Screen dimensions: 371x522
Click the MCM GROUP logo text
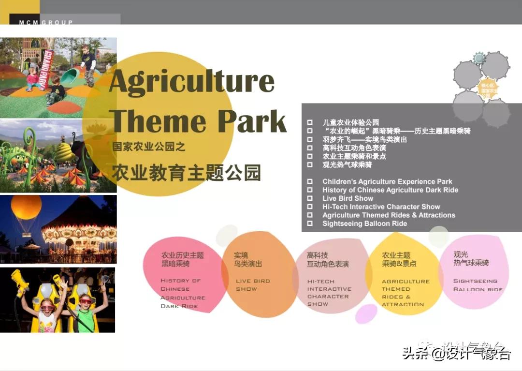[x=46, y=22]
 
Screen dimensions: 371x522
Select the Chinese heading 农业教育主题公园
[x=187, y=172]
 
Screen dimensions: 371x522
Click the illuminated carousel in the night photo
[x=80, y=232]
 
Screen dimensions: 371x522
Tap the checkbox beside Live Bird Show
[x=310, y=198]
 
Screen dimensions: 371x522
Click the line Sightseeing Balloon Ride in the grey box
[x=364, y=223]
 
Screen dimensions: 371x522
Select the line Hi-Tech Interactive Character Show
[x=381, y=207]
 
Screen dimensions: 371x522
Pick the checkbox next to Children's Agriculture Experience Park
[x=310, y=182]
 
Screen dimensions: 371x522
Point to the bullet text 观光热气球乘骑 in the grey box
[x=347, y=164]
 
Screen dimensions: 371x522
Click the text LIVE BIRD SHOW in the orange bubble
[x=253, y=284]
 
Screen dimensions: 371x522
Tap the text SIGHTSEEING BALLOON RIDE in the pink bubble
[x=478, y=285]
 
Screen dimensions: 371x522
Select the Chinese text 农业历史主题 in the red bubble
[x=182, y=255]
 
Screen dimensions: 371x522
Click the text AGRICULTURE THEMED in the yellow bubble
[x=405, y=285]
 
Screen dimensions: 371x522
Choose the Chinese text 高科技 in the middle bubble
[x=317, y=255]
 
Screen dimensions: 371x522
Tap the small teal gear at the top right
[x=479, y=59]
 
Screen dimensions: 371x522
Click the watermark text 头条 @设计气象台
[x=456, y=354]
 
